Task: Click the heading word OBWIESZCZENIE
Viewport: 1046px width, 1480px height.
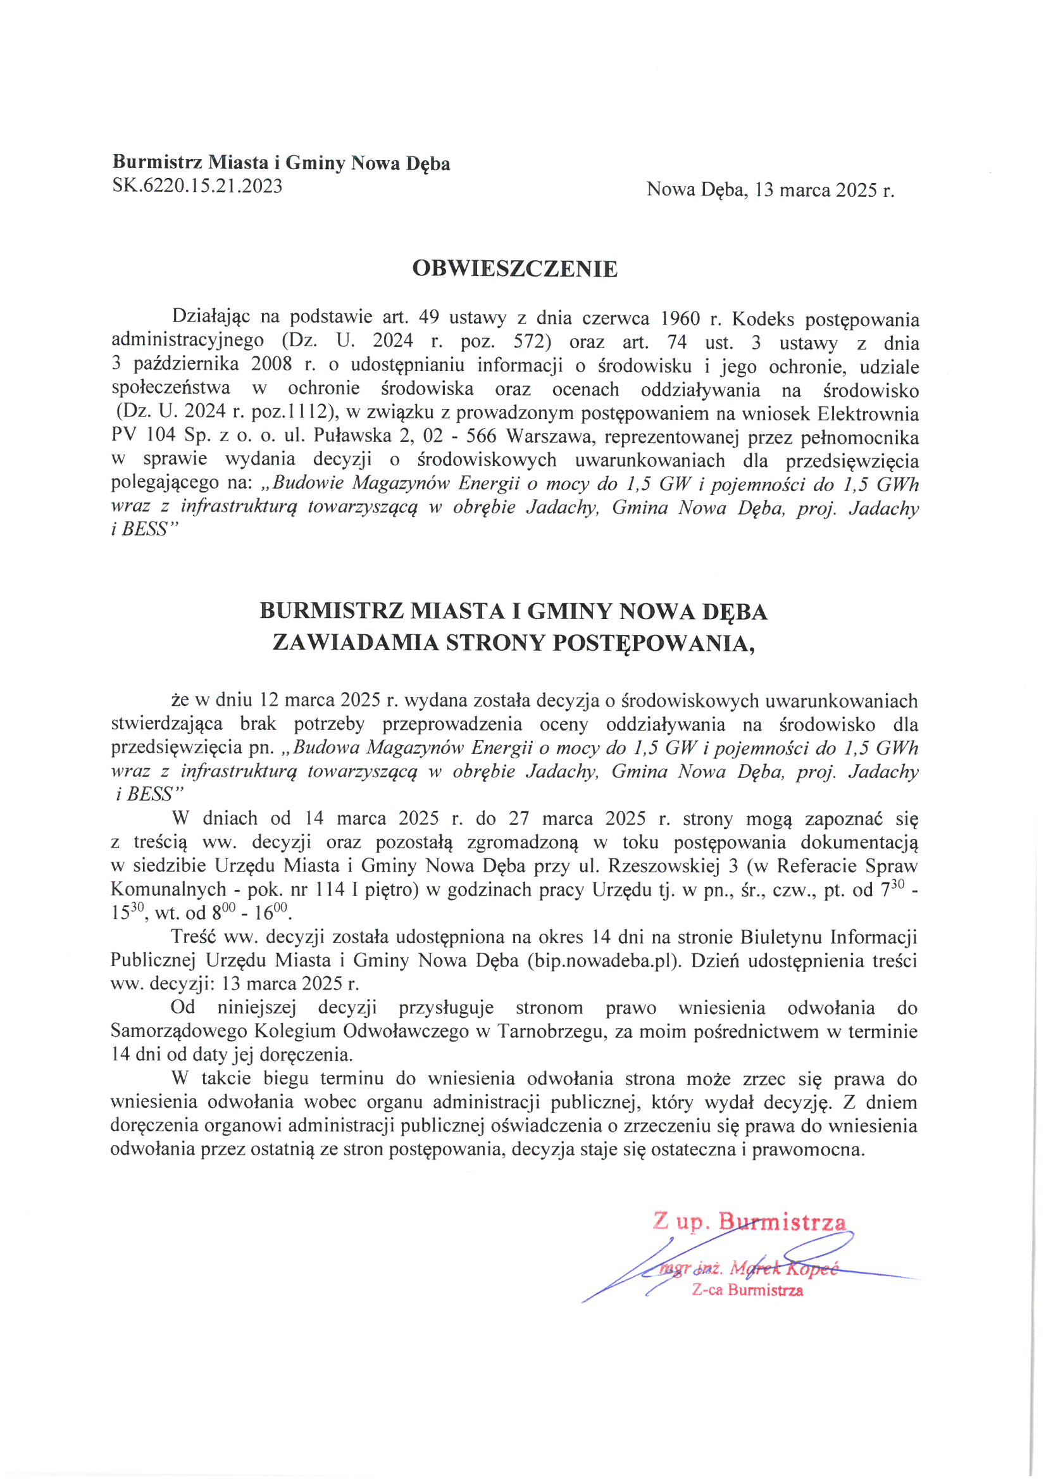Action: tap(514, 269)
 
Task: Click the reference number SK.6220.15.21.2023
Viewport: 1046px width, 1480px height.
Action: tap(197, 186)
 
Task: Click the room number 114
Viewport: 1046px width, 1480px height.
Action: tap(330, 889)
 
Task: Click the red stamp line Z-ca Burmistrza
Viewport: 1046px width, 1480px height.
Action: tap(747, 1290)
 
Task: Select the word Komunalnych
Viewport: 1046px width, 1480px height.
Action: tap(168, 889)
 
